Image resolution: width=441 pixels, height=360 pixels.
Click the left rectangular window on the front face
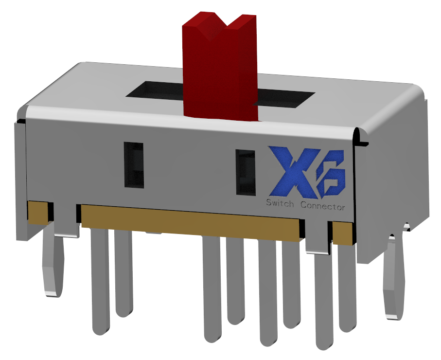(134, 164)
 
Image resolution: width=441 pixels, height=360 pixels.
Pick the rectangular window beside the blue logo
(246, 172)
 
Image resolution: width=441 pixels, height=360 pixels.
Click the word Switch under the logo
(280, 203)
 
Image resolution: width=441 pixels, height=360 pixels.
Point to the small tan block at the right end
(343, 233)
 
